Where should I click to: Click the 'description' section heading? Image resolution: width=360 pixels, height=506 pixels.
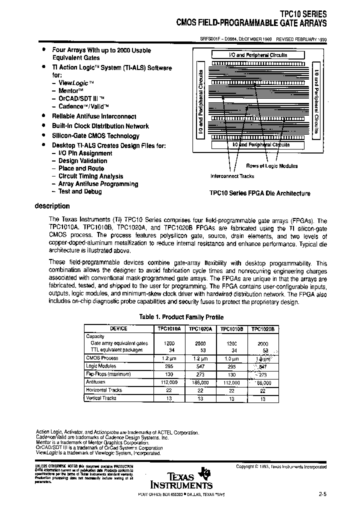52,206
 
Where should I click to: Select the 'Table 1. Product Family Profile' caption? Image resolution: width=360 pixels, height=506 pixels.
181,317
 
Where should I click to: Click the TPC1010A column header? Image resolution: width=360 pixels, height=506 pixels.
169,329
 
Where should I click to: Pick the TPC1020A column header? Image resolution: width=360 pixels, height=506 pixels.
200,329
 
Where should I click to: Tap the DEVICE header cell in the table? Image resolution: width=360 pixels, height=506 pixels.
118,329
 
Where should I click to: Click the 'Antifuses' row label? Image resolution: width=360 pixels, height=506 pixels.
95,381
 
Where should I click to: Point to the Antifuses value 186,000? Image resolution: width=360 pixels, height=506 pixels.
200,381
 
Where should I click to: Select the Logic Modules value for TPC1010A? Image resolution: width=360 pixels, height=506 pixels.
169,366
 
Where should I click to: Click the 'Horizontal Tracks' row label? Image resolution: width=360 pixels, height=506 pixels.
104,389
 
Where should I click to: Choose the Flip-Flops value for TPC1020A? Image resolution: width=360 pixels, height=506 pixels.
200,373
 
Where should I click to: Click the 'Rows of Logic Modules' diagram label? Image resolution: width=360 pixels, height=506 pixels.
271,166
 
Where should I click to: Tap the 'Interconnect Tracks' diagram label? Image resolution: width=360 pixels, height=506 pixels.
232,176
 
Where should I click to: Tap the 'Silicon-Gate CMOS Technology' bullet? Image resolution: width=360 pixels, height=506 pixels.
95,135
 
